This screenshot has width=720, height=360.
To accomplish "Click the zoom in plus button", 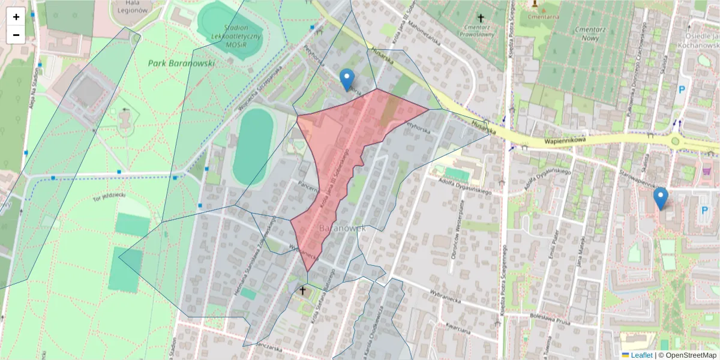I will [16, 17].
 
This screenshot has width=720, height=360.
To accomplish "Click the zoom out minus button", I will [16, 35].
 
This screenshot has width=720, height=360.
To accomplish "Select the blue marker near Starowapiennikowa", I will [661, 199].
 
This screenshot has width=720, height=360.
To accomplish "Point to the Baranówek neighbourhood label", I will [343, 229].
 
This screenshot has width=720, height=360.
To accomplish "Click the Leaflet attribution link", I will [641, 355].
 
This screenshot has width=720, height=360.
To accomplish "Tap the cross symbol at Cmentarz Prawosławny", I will [480, 17].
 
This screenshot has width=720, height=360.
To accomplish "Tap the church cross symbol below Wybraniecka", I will [303, 292].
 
